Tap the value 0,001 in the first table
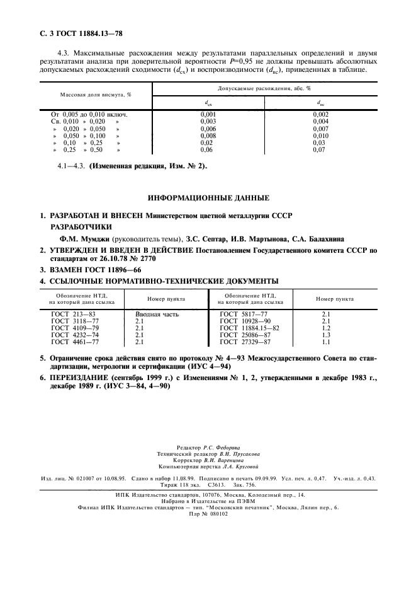pos(208,114)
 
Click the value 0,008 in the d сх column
pos(208,136)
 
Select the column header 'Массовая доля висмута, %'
pos(95,95)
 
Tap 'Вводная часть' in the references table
pos(157,314)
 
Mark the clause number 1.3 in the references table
pos(326,335)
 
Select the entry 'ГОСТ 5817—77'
pos(242,314)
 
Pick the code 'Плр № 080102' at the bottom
pos(208,514)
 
